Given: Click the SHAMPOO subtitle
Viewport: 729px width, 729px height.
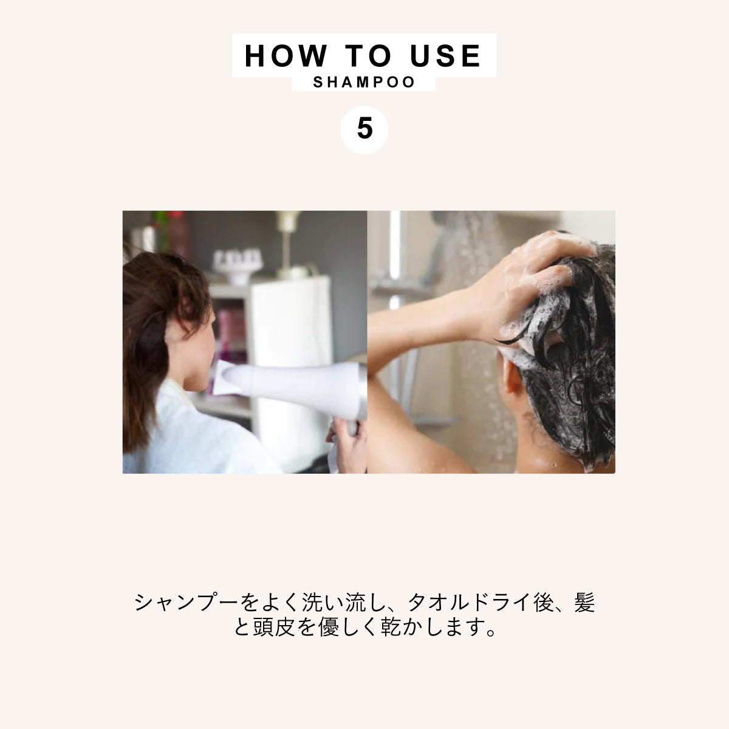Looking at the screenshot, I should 364,82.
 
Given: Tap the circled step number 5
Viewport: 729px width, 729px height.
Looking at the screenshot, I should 364,129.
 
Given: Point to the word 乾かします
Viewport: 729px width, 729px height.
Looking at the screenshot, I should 428,628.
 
